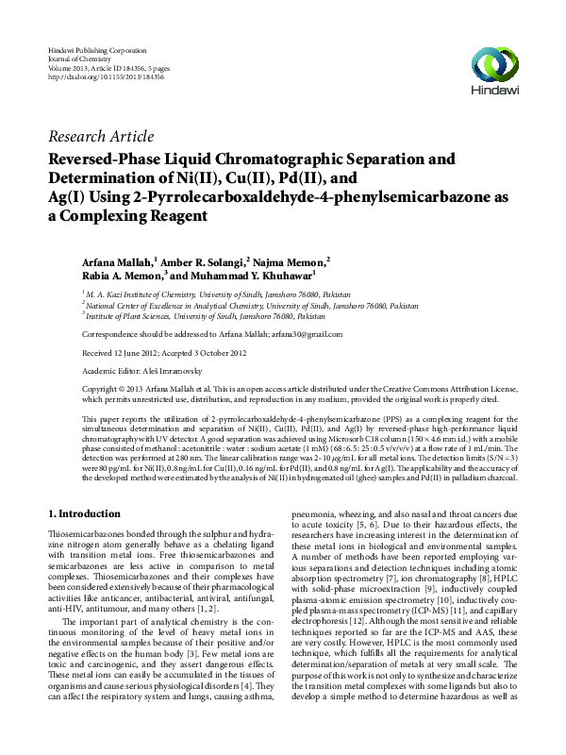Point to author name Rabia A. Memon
121,276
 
